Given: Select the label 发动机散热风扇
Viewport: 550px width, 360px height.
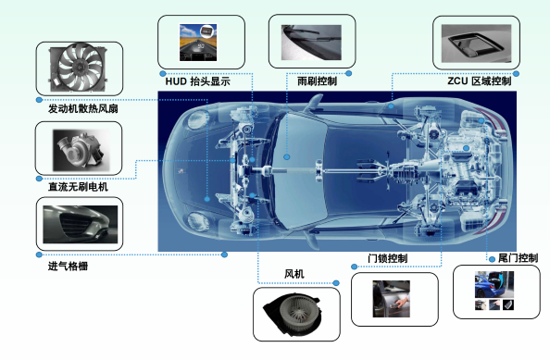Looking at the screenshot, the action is point(82,108).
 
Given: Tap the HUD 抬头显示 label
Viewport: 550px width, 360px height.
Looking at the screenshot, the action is point(198,81).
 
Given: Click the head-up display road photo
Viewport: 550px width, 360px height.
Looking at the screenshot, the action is point(198,43).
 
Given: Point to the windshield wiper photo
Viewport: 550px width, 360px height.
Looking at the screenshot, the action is point(311,43).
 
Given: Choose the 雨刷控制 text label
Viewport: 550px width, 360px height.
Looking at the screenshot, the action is point(317,81).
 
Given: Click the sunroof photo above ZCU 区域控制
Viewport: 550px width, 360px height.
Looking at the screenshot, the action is point(476,43).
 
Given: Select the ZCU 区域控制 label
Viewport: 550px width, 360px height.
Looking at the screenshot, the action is point(479,81).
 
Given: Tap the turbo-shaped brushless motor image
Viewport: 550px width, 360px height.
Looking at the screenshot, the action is point(81,150).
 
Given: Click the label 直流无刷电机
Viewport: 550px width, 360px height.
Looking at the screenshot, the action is point(78,187).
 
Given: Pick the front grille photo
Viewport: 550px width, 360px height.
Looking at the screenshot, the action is point(81,224).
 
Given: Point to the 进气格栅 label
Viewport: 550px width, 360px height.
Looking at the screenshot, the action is point(68,267).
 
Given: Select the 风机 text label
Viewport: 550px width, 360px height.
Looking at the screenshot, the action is point(294,274).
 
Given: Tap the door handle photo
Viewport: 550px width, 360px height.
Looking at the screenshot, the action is point(391,299).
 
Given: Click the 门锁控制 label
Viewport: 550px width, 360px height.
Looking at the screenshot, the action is point(387,258).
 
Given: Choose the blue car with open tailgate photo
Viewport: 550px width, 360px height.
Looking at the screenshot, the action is point(494,284).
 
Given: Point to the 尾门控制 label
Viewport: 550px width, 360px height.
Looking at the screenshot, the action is point(519,258).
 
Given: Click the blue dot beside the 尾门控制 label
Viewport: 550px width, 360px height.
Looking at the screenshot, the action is point(492,259).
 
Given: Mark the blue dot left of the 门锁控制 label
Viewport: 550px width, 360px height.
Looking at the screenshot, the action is point(355,267).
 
